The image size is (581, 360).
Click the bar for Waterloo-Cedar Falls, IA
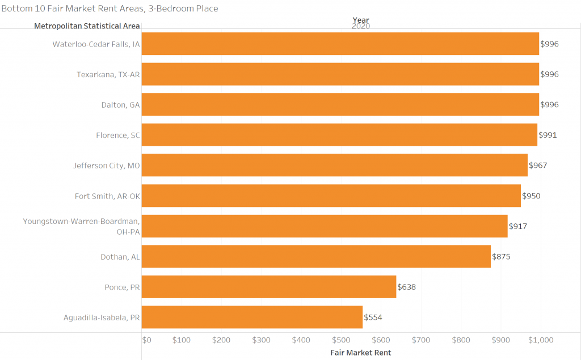[340, 44]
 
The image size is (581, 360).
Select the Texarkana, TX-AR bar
[340, 74]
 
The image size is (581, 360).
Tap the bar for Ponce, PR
[268, 287]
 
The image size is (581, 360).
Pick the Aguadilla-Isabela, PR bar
[252, 317]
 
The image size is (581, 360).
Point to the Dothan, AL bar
[316, 256]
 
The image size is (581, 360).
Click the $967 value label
[538, 166]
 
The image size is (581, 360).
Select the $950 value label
[531, 196]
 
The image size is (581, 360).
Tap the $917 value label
[518, 226]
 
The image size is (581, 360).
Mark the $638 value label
[407, 287]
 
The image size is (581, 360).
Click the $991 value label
[548, 135]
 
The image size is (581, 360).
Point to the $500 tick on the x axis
[341, 340]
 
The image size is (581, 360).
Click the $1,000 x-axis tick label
[540, 340]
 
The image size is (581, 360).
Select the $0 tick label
[146, 340]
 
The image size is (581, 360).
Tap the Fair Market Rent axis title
[360, 353]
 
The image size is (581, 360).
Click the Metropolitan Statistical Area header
[87, 26]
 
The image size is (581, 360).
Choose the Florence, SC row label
[118, 135]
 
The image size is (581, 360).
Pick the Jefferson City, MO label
[107, 166]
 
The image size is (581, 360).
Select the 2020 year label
[360, 26]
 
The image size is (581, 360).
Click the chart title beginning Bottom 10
[110, 9]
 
